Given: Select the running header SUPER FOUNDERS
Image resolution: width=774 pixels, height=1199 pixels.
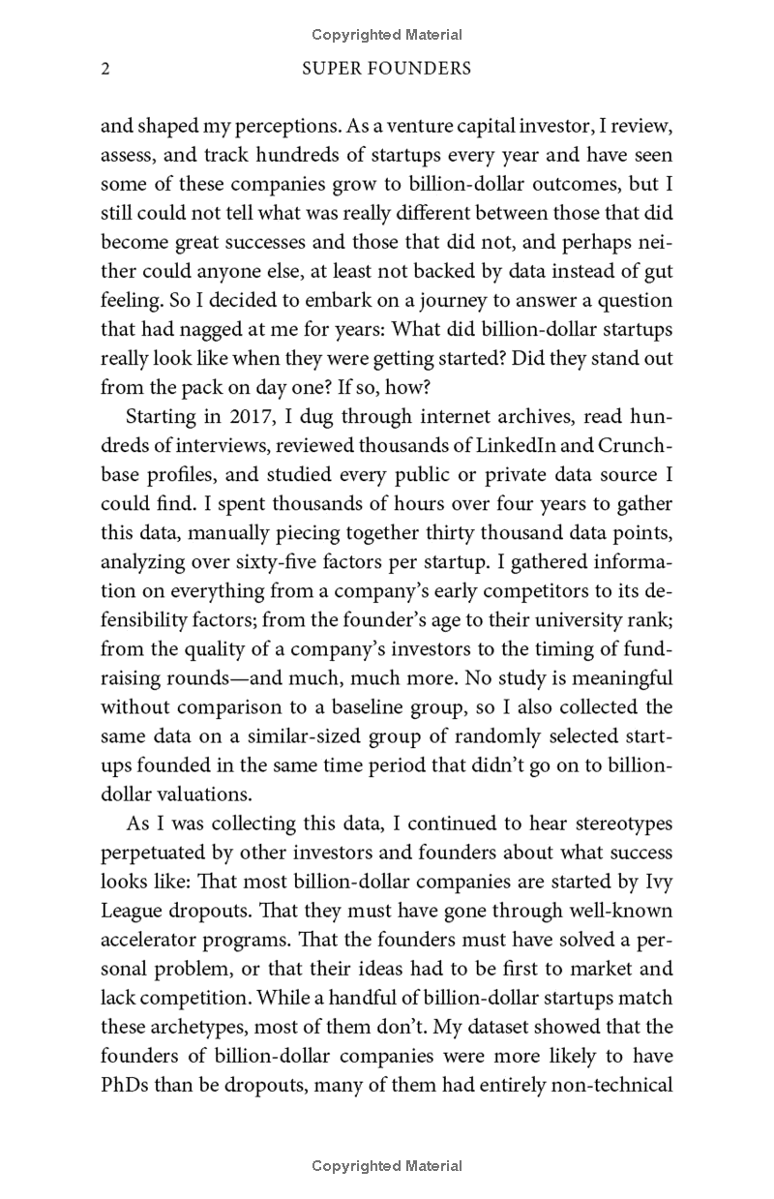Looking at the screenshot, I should pos(386,69).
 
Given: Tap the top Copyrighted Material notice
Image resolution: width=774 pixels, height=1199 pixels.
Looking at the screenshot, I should pos(387,35).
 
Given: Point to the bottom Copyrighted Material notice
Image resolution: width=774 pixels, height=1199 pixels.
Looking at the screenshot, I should pos(387,1166).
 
